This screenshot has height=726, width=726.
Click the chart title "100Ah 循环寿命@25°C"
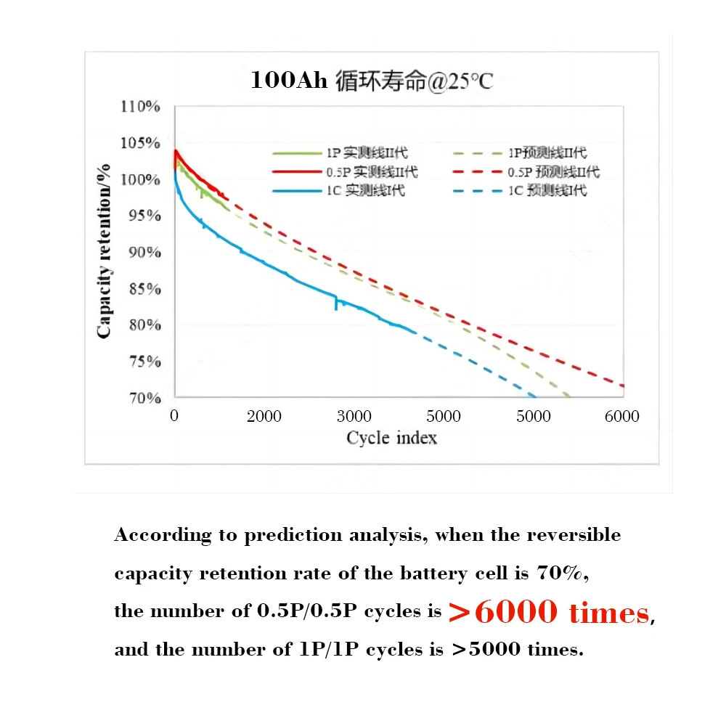[x=371, y=80]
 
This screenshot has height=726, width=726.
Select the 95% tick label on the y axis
[x=141, y=216]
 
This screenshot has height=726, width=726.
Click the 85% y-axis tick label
[x=141, y=289]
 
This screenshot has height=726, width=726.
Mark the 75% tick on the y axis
[x=141, y=362]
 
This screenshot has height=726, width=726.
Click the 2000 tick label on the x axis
[x=264, y=416]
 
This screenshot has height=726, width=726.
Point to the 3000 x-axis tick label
[x=354, y=416]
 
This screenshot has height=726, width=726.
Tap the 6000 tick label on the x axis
[x=622, y=416]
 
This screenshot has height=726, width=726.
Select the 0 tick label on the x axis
[x=174, y=416]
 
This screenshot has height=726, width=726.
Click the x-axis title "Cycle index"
[x=391, y=438]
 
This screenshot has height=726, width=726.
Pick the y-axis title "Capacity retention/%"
[x=105, y=251]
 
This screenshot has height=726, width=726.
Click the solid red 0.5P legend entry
[x=345, y=172]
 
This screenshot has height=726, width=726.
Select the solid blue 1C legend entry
[x=338, y=191]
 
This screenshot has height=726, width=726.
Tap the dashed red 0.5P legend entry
[x=526, y=172]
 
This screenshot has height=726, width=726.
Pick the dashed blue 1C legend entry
[x=519, y=191]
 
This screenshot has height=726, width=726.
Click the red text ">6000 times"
[x=548, y=612]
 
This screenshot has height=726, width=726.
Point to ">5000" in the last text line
[x=486, y=649]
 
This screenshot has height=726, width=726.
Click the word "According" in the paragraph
[x=163, y=536]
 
